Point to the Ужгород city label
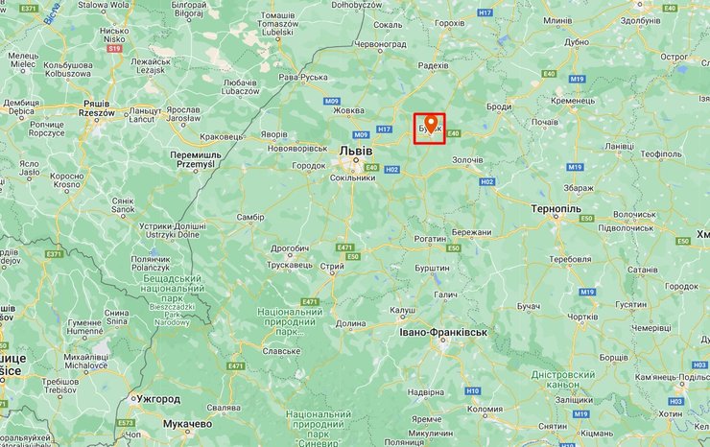click(x=158, y=398)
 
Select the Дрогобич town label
click(x=290, y=247)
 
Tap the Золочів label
click(x=468, y=159)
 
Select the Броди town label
click(x=500, y=107)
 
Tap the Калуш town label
click(x=403, y=311)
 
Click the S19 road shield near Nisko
click(x=115, y=48)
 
